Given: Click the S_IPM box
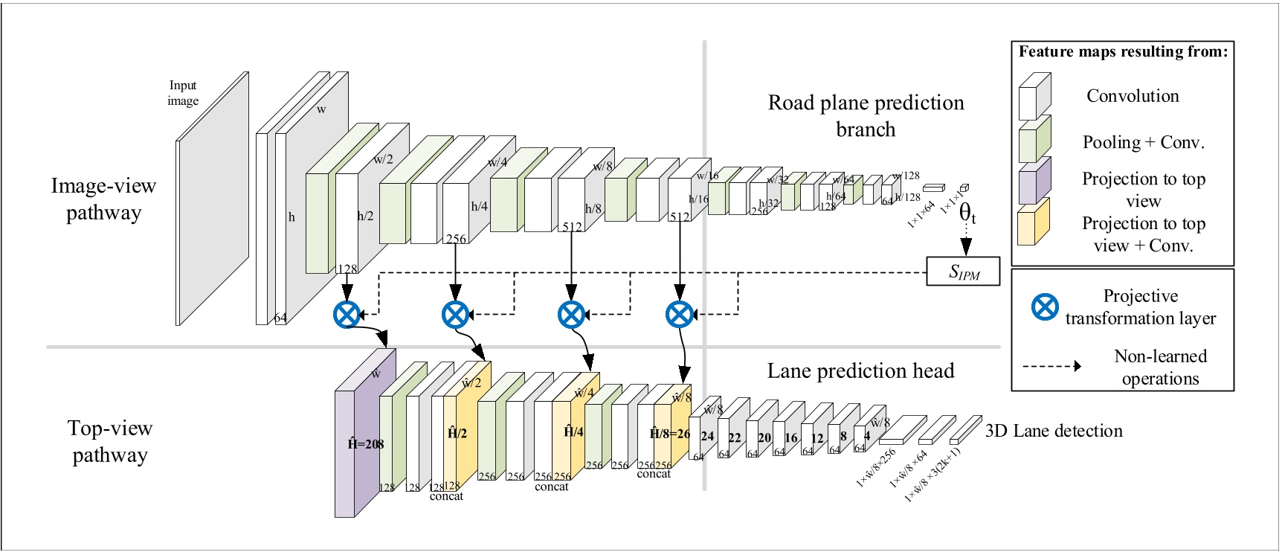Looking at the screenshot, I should pyautogui.click(x=963, y=272).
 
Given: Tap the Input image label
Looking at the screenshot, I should pyautogui.click(x=183, y=93).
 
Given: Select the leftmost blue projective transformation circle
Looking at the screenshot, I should pyautogui.click(x=347, y=314).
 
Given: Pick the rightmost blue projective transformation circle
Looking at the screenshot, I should pyautogui.click(x=679, y=314).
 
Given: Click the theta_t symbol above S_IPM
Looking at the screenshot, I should pyautogui.click(x=967, y=214).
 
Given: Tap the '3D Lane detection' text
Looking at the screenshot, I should pyautogui.click(x=1053, y=431).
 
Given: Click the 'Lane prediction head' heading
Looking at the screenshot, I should pyautogui.click(x=860, y=370).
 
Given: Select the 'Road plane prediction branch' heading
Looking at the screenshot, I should pyautogui.click(x=866, y=115).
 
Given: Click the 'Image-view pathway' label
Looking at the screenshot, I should pyautogui.click(x=103, y=199).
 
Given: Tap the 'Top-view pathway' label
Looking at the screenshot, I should pyautogui.click(x=110, y=441).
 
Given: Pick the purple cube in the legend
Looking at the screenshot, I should pyautogui.click(x=1034, y=181).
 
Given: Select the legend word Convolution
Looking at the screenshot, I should pyautogui.click(x=1132, y=96).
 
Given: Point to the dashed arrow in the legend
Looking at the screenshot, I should pyautogui.click(x=1051, y=366).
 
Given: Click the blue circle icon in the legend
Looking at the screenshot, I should pyautogui.click(x=1045, y=307).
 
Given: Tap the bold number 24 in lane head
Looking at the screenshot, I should pyautogui.click(x=707, y=436).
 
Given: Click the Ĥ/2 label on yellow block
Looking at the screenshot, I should pyautogui.click(x=457, y=433).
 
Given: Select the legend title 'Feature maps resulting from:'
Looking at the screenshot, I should pyautogui.click(x=1123, y=51).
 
